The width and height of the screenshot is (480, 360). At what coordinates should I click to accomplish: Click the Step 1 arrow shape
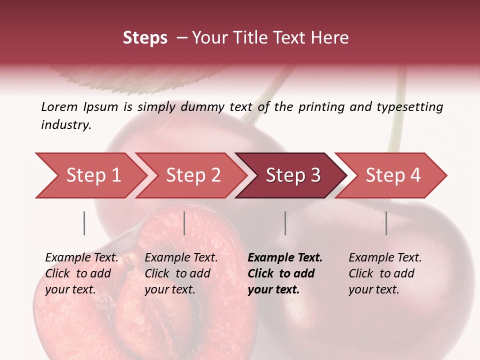pos(90,175)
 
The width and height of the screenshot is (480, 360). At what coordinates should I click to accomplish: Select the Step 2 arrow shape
pos(192,175)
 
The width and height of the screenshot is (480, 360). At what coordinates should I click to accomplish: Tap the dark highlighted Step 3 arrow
pos(292,175)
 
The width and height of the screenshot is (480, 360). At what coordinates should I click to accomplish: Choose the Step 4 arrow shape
pos(392,175)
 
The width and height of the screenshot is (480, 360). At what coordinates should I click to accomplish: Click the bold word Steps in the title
pos(145,38)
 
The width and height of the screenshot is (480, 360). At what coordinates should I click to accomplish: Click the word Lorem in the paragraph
pos(59,106)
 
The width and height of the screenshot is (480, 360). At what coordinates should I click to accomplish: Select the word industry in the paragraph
pos(66,125)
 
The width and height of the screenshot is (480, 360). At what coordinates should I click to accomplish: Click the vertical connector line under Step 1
pos(84,223)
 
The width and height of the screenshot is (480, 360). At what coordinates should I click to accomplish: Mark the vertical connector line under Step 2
pos(184,223)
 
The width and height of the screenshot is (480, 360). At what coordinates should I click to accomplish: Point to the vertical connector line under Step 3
pos(285,223)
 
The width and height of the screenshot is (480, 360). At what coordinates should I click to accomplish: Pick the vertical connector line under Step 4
pos(386,223)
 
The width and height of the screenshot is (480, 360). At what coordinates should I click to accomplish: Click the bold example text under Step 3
pos(284,273)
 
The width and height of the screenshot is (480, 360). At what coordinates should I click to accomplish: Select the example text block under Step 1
pos(81,273)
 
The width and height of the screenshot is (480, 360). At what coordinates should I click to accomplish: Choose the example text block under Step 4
pos(384,273)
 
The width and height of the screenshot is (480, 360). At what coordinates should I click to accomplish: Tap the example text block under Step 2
pos(181,273)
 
